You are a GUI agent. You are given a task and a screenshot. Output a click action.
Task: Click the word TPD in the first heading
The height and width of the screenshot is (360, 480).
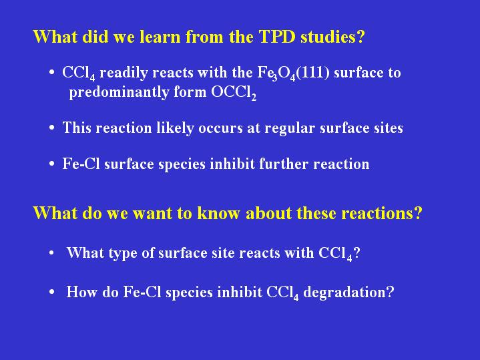pos(277,37)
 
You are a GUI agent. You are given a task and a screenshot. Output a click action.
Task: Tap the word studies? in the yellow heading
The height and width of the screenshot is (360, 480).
pos(332,37)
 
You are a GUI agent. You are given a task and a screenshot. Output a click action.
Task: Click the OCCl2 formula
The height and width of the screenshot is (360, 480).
pos(234,93)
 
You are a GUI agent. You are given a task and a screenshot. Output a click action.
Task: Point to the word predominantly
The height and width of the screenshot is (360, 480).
pos(119,92)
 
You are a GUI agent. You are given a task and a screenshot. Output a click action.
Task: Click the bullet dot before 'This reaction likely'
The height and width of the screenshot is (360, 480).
pos(51,128)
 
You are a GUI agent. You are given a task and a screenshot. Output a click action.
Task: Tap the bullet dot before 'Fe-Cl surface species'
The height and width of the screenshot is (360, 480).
pos(51,164)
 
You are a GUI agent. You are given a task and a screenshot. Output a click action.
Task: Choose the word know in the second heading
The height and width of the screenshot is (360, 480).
pos(218,213)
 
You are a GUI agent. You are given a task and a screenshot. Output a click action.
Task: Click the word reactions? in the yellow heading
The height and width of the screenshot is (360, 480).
pos(382,213)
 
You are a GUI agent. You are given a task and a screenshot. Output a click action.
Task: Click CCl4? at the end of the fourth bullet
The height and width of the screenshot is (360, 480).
pos(339,254)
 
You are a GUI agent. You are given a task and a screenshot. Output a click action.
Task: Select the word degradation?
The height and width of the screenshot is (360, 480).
pos(348,293)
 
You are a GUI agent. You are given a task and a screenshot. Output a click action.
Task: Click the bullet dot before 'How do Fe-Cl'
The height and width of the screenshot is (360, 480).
pos(51,292)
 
